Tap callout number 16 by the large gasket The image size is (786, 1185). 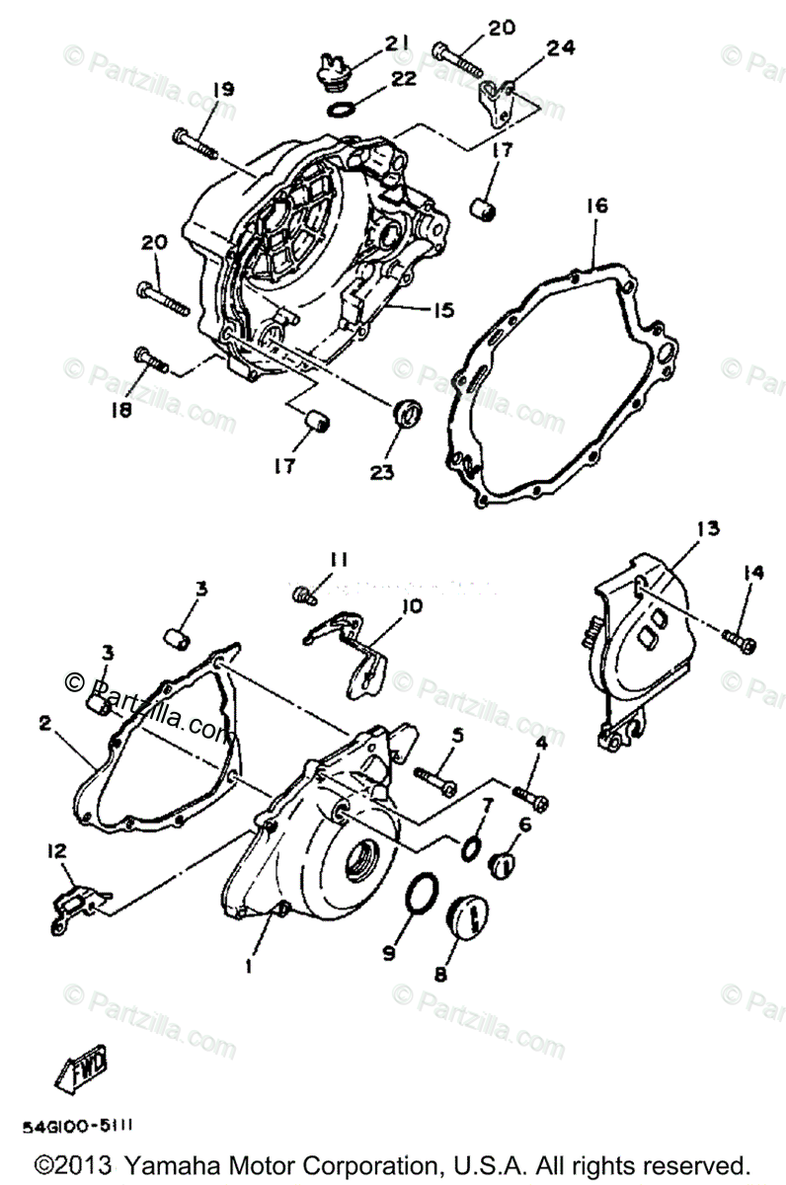pos(596,206)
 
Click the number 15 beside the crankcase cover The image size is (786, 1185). pos(440,310)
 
